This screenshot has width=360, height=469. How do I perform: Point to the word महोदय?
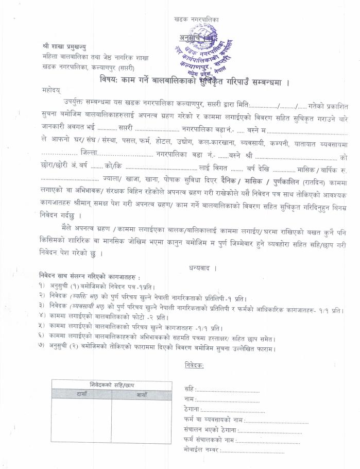53,90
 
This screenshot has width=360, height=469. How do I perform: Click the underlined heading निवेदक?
194,366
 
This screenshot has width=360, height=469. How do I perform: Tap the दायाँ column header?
81,394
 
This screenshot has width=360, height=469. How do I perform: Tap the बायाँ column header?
142,394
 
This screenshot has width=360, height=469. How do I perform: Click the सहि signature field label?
188,390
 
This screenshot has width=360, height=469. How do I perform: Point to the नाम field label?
189,399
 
